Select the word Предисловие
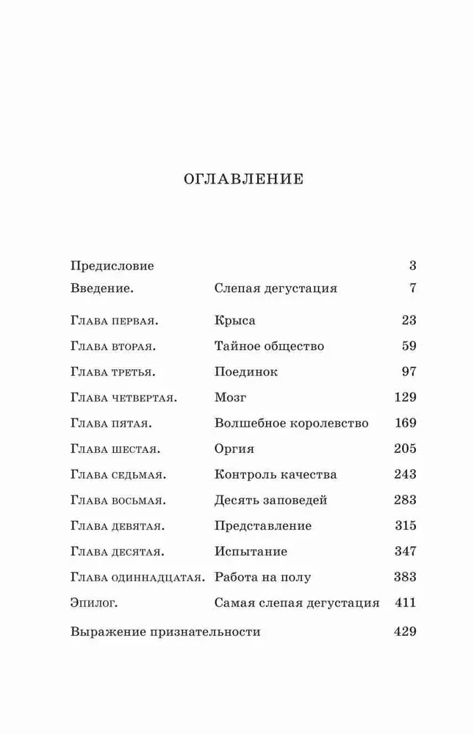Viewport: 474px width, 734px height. (x=112, y=266)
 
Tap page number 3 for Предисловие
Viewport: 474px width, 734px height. (x=413, y=266)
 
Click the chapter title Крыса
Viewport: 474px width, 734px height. (x=235, y=321)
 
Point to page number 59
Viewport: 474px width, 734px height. (x=409, y=346)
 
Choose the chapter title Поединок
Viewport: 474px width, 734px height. (x=246, y=371)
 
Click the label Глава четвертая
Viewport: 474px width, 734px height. (x=124, y=397)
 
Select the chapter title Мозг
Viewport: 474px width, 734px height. (x=230, y=397)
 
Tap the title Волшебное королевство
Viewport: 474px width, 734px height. (x=291, y=424)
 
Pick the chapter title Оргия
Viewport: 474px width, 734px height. (x=234, y=448)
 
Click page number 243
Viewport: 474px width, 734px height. (x=405, y=474)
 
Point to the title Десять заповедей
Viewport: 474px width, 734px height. (x=270, y=500)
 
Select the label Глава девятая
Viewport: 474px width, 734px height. (x=118, y=526)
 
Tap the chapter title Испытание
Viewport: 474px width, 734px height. (x=251, y=551)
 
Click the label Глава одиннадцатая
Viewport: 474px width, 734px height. (x=137, y=577)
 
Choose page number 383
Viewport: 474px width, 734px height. (x=405, y=577)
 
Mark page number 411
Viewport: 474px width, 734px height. (x=405, y=603)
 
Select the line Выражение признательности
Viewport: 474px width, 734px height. (x=165, y=631)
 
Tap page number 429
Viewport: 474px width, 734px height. (x=405, y=631)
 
